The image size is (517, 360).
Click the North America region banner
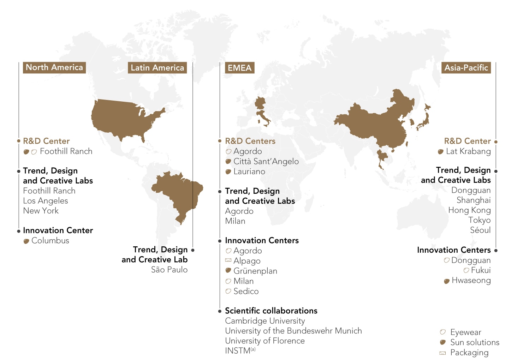(54, 67)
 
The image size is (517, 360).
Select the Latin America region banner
(157, 68)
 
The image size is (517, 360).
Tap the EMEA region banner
(239, 68)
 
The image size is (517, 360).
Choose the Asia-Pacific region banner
(466, 68)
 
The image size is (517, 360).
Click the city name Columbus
(50, 241)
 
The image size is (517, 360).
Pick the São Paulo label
(169, 270)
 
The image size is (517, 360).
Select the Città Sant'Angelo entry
(266, 162)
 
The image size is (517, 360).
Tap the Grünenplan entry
(255, 271)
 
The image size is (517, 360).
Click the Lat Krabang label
(468, 151)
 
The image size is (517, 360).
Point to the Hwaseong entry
(471, 281)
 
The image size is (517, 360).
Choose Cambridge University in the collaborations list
(265, 321)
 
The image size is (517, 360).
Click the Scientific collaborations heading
(271, 311)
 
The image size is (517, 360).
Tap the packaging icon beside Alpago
(228, 260)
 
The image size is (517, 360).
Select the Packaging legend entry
(469, 353)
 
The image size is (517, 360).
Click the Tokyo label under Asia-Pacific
(479, 220)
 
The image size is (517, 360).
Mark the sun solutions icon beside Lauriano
(228, 172)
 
